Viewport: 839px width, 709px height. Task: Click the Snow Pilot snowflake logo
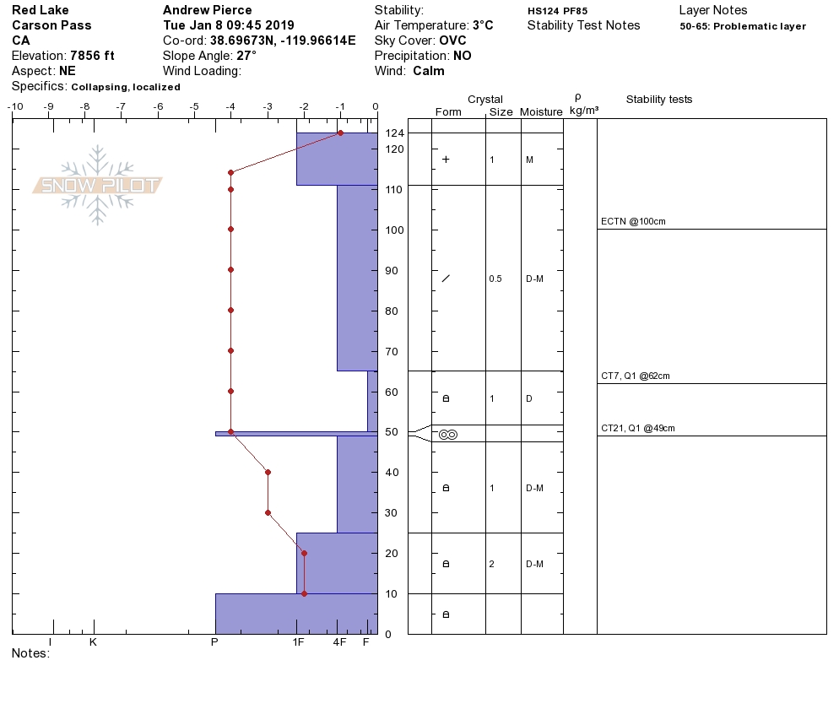click(97, 185)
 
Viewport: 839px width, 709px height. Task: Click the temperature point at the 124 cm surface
click(340, 133)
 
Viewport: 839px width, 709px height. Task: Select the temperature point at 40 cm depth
click(268, 472)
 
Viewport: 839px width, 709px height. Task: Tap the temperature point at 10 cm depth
click(305, 593)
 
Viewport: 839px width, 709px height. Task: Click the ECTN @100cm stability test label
click(633, 221)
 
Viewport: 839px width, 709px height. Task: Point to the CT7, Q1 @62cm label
click(635, 376)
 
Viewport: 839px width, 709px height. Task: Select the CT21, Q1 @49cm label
click(638, 428)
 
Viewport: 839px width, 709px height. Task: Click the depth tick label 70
click(392, 352)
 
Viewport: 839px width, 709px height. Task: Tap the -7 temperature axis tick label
click(122, 106)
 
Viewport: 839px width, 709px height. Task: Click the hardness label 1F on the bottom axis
click(298, 642)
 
